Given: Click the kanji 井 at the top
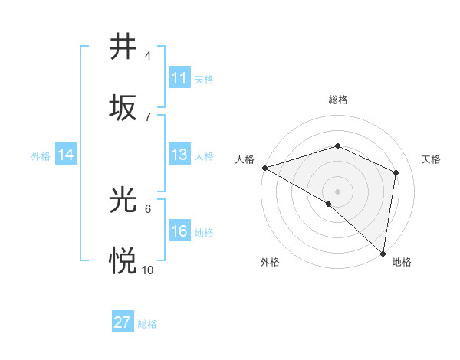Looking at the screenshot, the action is click(123, 47).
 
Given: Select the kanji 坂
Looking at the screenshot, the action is click(123, 107).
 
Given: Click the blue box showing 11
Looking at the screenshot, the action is click(179, 78).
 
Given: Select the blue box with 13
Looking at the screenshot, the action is click(179, 155).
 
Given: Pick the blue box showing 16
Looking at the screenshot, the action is click(179, 231).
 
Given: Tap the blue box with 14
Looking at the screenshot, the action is click(66, 155).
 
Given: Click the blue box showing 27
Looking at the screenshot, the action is click(123, 322).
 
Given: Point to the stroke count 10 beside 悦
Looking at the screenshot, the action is click(148, 270).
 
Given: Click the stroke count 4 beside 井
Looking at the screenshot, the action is click(148, 56).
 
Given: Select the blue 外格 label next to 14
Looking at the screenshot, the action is click(41, 156).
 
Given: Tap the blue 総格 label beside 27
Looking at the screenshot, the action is click(147, 324).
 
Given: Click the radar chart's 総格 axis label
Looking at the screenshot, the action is click(337, 100).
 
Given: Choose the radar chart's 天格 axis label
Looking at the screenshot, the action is click(431, 159).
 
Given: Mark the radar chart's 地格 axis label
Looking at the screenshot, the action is click(402, 262).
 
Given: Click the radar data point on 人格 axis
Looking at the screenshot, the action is click(264, 168).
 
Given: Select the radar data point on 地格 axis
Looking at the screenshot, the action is click(383, 252).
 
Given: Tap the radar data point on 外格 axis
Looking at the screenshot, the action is click(329, 204).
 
